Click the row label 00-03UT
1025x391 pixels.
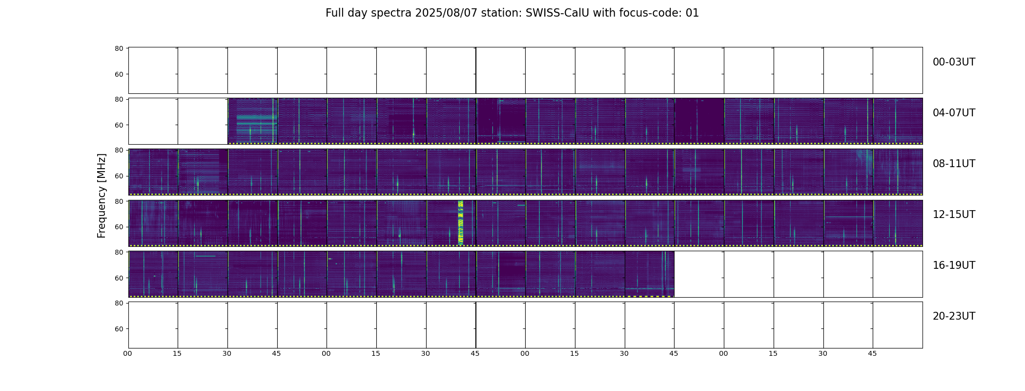click(x=954, y=62)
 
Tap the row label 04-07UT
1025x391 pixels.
click(x=954, y=113)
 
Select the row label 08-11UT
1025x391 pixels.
click(x=954, y=164)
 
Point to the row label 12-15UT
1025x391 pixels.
click(x=954, y=215)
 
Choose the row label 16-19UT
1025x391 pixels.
click(x=954, y=265)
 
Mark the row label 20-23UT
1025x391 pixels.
click(x=954, y=316)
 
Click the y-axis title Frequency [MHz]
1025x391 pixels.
click(x=102, y=195)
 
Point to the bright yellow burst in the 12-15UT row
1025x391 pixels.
click(x=460, y=222)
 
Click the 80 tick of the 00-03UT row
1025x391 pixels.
click(x=119, y=48)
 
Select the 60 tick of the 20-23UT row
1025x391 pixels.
click(x=119, y=329)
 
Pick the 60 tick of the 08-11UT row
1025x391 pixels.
click(x=119, y=176)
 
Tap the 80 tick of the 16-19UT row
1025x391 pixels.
click(x=119, y=252)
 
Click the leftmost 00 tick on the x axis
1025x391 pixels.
click(x=127, y=353)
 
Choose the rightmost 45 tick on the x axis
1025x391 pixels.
click(x=872, y=353)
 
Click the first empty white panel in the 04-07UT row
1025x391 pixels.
click(x=153, y=121)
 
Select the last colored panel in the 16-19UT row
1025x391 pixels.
click(x=650, y=274)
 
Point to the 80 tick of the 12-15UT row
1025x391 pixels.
click(x=119, y=201)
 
